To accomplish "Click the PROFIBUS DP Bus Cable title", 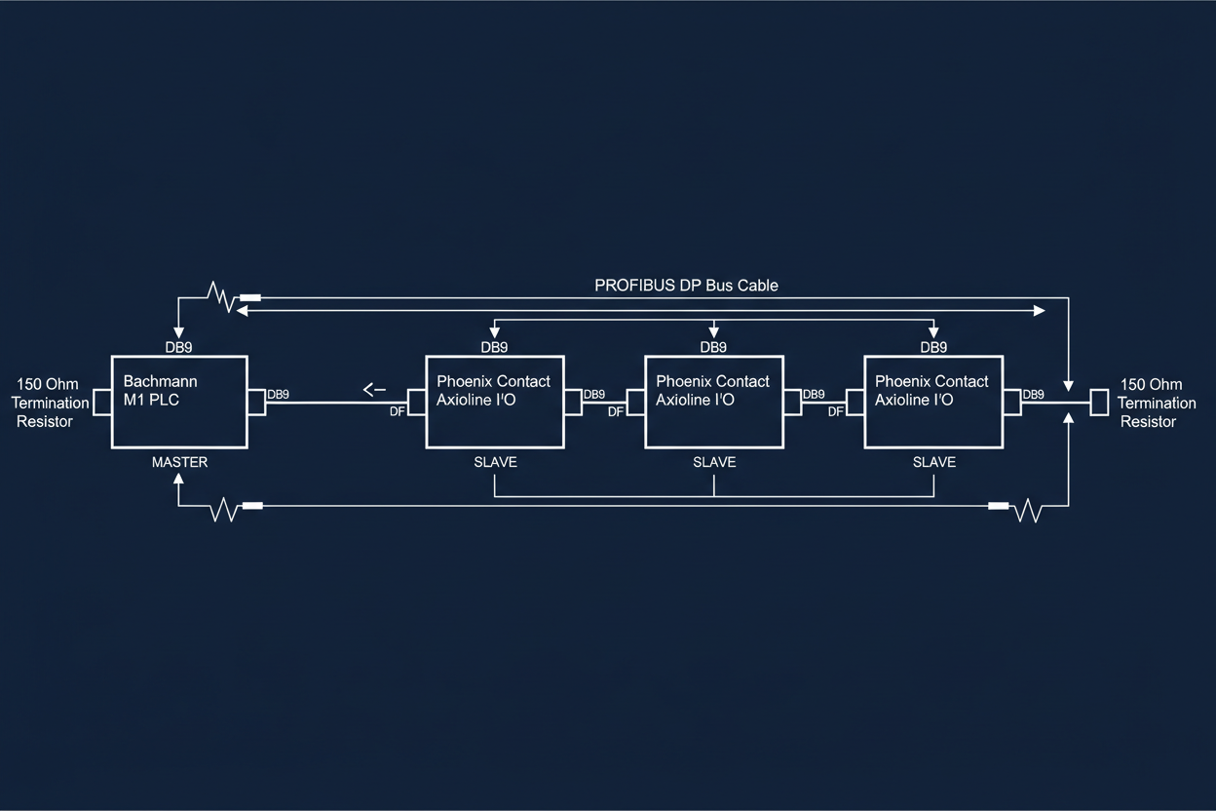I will point(686,286).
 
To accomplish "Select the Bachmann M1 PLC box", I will point(179,402).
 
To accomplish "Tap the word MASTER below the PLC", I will point(179,462).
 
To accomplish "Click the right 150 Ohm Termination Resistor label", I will point(1157,403).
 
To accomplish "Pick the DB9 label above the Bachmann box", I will point(179,347).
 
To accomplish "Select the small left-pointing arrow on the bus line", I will point(374,391).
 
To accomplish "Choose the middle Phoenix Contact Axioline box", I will point(714,402).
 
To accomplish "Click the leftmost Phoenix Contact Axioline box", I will point(494,402).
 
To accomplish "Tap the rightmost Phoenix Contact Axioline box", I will point(933,402).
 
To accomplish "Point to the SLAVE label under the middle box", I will point(714,462).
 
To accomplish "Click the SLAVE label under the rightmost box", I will point(933,462).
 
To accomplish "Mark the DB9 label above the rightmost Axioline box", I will point(933,347).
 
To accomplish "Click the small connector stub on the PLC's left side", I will point(101,402).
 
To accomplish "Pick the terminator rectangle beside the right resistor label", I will point(1099,402).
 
